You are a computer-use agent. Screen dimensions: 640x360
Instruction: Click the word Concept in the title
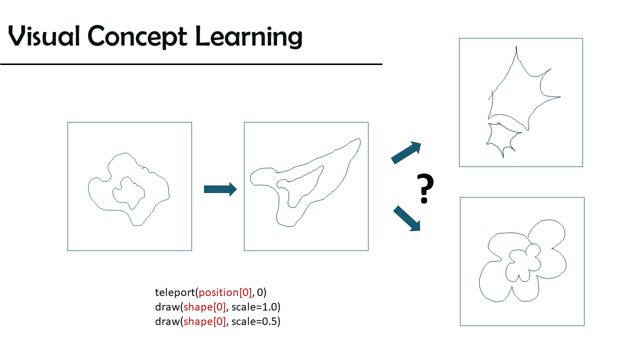(137, 37)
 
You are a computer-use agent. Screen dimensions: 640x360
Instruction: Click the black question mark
(425, 188)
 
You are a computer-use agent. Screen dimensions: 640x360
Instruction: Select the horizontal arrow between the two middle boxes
(220, 189)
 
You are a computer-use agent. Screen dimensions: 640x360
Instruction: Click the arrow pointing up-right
(406, 152)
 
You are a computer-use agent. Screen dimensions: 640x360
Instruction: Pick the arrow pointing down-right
(407, 218)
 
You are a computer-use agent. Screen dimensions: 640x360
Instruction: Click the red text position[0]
(225, 292)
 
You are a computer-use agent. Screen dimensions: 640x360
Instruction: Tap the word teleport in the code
(175, 292)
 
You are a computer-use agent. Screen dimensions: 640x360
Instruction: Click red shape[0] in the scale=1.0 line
(204, 307)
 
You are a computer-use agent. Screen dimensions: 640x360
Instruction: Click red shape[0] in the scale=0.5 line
(204, 321)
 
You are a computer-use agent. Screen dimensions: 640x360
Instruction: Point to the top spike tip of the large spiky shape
(516, 46)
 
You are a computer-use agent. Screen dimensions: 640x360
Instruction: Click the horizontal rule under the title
(191, 64)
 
